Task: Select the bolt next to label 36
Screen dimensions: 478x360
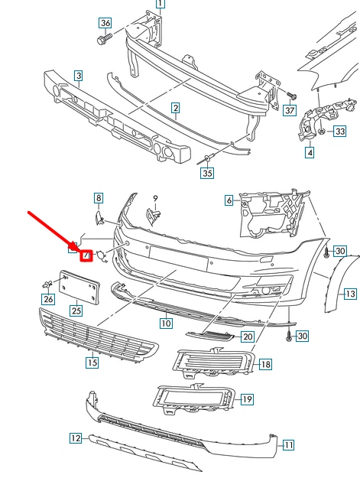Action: tap(102, 37)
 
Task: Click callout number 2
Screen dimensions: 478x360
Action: tap(175, 109)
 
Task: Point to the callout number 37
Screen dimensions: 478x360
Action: tap(288, 110)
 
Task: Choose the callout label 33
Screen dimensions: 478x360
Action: tap(340, 132)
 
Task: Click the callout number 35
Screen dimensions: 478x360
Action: tap(207, 174)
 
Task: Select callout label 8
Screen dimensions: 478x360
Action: tap(98, 198)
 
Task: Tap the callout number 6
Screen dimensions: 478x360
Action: tap(229, 201)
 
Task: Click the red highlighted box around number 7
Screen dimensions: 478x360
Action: tap(86, 255)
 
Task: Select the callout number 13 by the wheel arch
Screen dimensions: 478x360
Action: tap(349, 293)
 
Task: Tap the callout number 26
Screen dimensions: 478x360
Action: tap(48, 299)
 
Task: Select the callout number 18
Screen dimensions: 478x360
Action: tap(265, 365)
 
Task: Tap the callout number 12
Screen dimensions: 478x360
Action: tap(75, 438)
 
